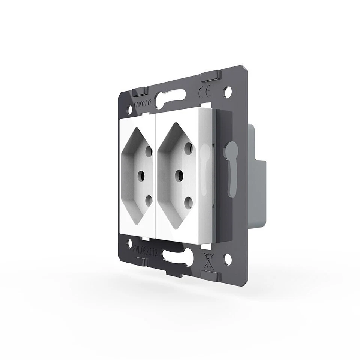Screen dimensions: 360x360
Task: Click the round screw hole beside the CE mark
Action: (x=227, y=90)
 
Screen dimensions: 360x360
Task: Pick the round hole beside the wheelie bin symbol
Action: (x=227, y=258)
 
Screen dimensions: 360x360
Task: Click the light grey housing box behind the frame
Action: (x=258, y=191)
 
